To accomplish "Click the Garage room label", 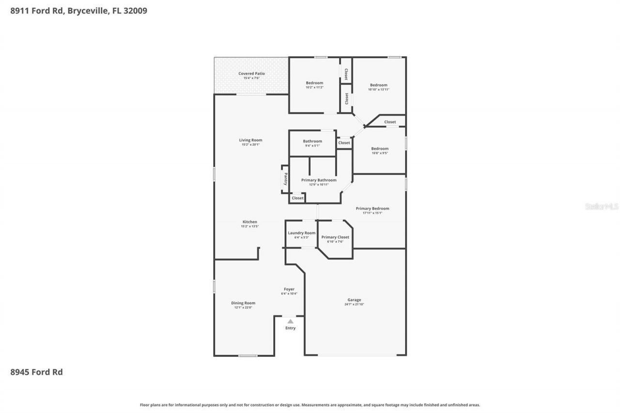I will (x=354, y=300).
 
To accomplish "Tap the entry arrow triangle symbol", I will (x=290, y=321).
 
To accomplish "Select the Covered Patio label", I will (x=251, y=74).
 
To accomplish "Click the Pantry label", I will (x=286, y=179).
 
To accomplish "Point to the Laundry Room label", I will (x=301, y=233).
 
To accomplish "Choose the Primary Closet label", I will (x=335, y=237).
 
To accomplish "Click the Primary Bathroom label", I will (x=319, y=180).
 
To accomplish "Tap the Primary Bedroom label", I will (x=372, y=209).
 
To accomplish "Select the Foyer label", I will (x=289, y=290).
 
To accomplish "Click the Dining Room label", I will (x=243, y=303).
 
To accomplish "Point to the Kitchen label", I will (x=250, y=222).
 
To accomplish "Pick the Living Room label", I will (x=250, y=140).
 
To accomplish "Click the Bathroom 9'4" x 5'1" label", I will (x=312, y=141).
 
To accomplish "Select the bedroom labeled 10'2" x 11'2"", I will (x=314, y=83).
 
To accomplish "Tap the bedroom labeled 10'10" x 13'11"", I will (x=378, y=85).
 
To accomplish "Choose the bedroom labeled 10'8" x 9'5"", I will (x=380, y=149).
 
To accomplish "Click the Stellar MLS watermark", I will (x=602, y=206).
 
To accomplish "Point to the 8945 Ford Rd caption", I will (x=36, y=372).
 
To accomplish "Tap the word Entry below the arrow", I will (x=290, y=328).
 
